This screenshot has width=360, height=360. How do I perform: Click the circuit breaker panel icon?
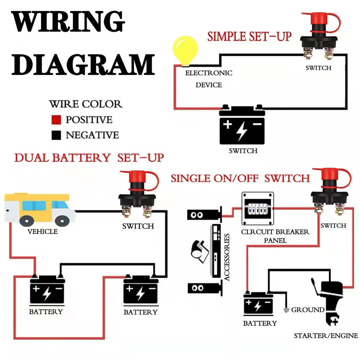click(x=257, y=209)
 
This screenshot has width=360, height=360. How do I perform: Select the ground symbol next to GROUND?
click(x=287, y=310)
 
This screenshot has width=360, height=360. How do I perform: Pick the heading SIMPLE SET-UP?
click(x=249, y=36)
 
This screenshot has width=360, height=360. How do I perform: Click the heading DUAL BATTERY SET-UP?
click(x=89, y=158)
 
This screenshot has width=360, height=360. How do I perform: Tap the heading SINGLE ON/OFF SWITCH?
click(x=240, y=178)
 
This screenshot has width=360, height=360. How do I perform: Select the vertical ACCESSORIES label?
click(x=227, y=257)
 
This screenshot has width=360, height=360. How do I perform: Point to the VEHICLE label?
click(x=42, y=231)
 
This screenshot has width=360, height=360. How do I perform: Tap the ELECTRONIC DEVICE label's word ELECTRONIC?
click(x=209, y=73)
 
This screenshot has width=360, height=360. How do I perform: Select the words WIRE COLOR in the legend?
click(x=85, y=104)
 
